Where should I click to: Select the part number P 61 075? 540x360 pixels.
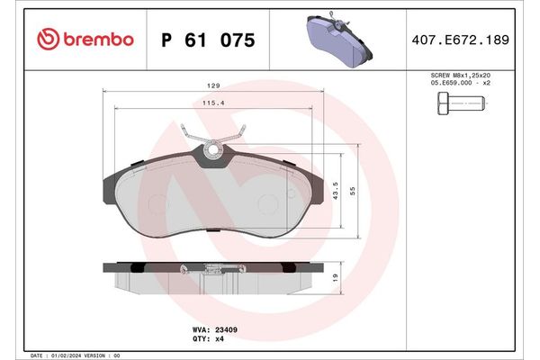click(206, 40)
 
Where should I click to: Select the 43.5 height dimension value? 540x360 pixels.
click(335, 194)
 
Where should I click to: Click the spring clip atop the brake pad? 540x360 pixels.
click(213, 145)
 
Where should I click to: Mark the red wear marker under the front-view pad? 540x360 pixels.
click(213, 232)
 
